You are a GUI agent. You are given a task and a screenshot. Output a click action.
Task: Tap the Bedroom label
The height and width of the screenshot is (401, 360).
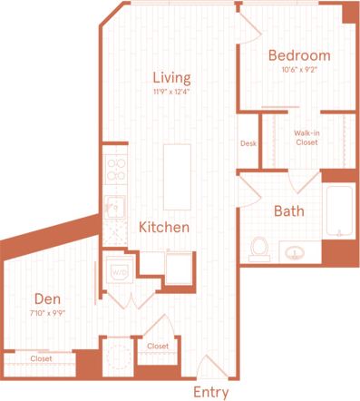(299, 55)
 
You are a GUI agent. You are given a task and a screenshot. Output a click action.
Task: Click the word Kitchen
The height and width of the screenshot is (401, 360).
(164, 227)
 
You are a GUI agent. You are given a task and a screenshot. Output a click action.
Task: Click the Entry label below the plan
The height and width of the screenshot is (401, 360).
(211, 393)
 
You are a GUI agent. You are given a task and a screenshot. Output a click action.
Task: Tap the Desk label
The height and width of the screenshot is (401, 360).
(248, 143)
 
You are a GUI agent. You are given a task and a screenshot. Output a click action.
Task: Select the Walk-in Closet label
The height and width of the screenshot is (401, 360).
(306, 138)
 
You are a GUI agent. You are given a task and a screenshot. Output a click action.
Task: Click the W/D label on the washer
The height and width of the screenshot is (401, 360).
(117, 271)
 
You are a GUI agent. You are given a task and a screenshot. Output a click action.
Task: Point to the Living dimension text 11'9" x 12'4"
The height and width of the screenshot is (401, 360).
(170, 91)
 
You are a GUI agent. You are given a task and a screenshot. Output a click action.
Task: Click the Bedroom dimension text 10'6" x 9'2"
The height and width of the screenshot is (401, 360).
(299, 69)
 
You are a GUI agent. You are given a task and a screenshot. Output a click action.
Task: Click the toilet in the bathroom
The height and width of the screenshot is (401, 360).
(260, 248)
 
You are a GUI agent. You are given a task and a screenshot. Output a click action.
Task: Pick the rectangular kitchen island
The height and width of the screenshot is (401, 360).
(177, 176)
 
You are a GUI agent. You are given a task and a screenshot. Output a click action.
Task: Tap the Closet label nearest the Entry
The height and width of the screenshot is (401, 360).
(158, 346)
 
